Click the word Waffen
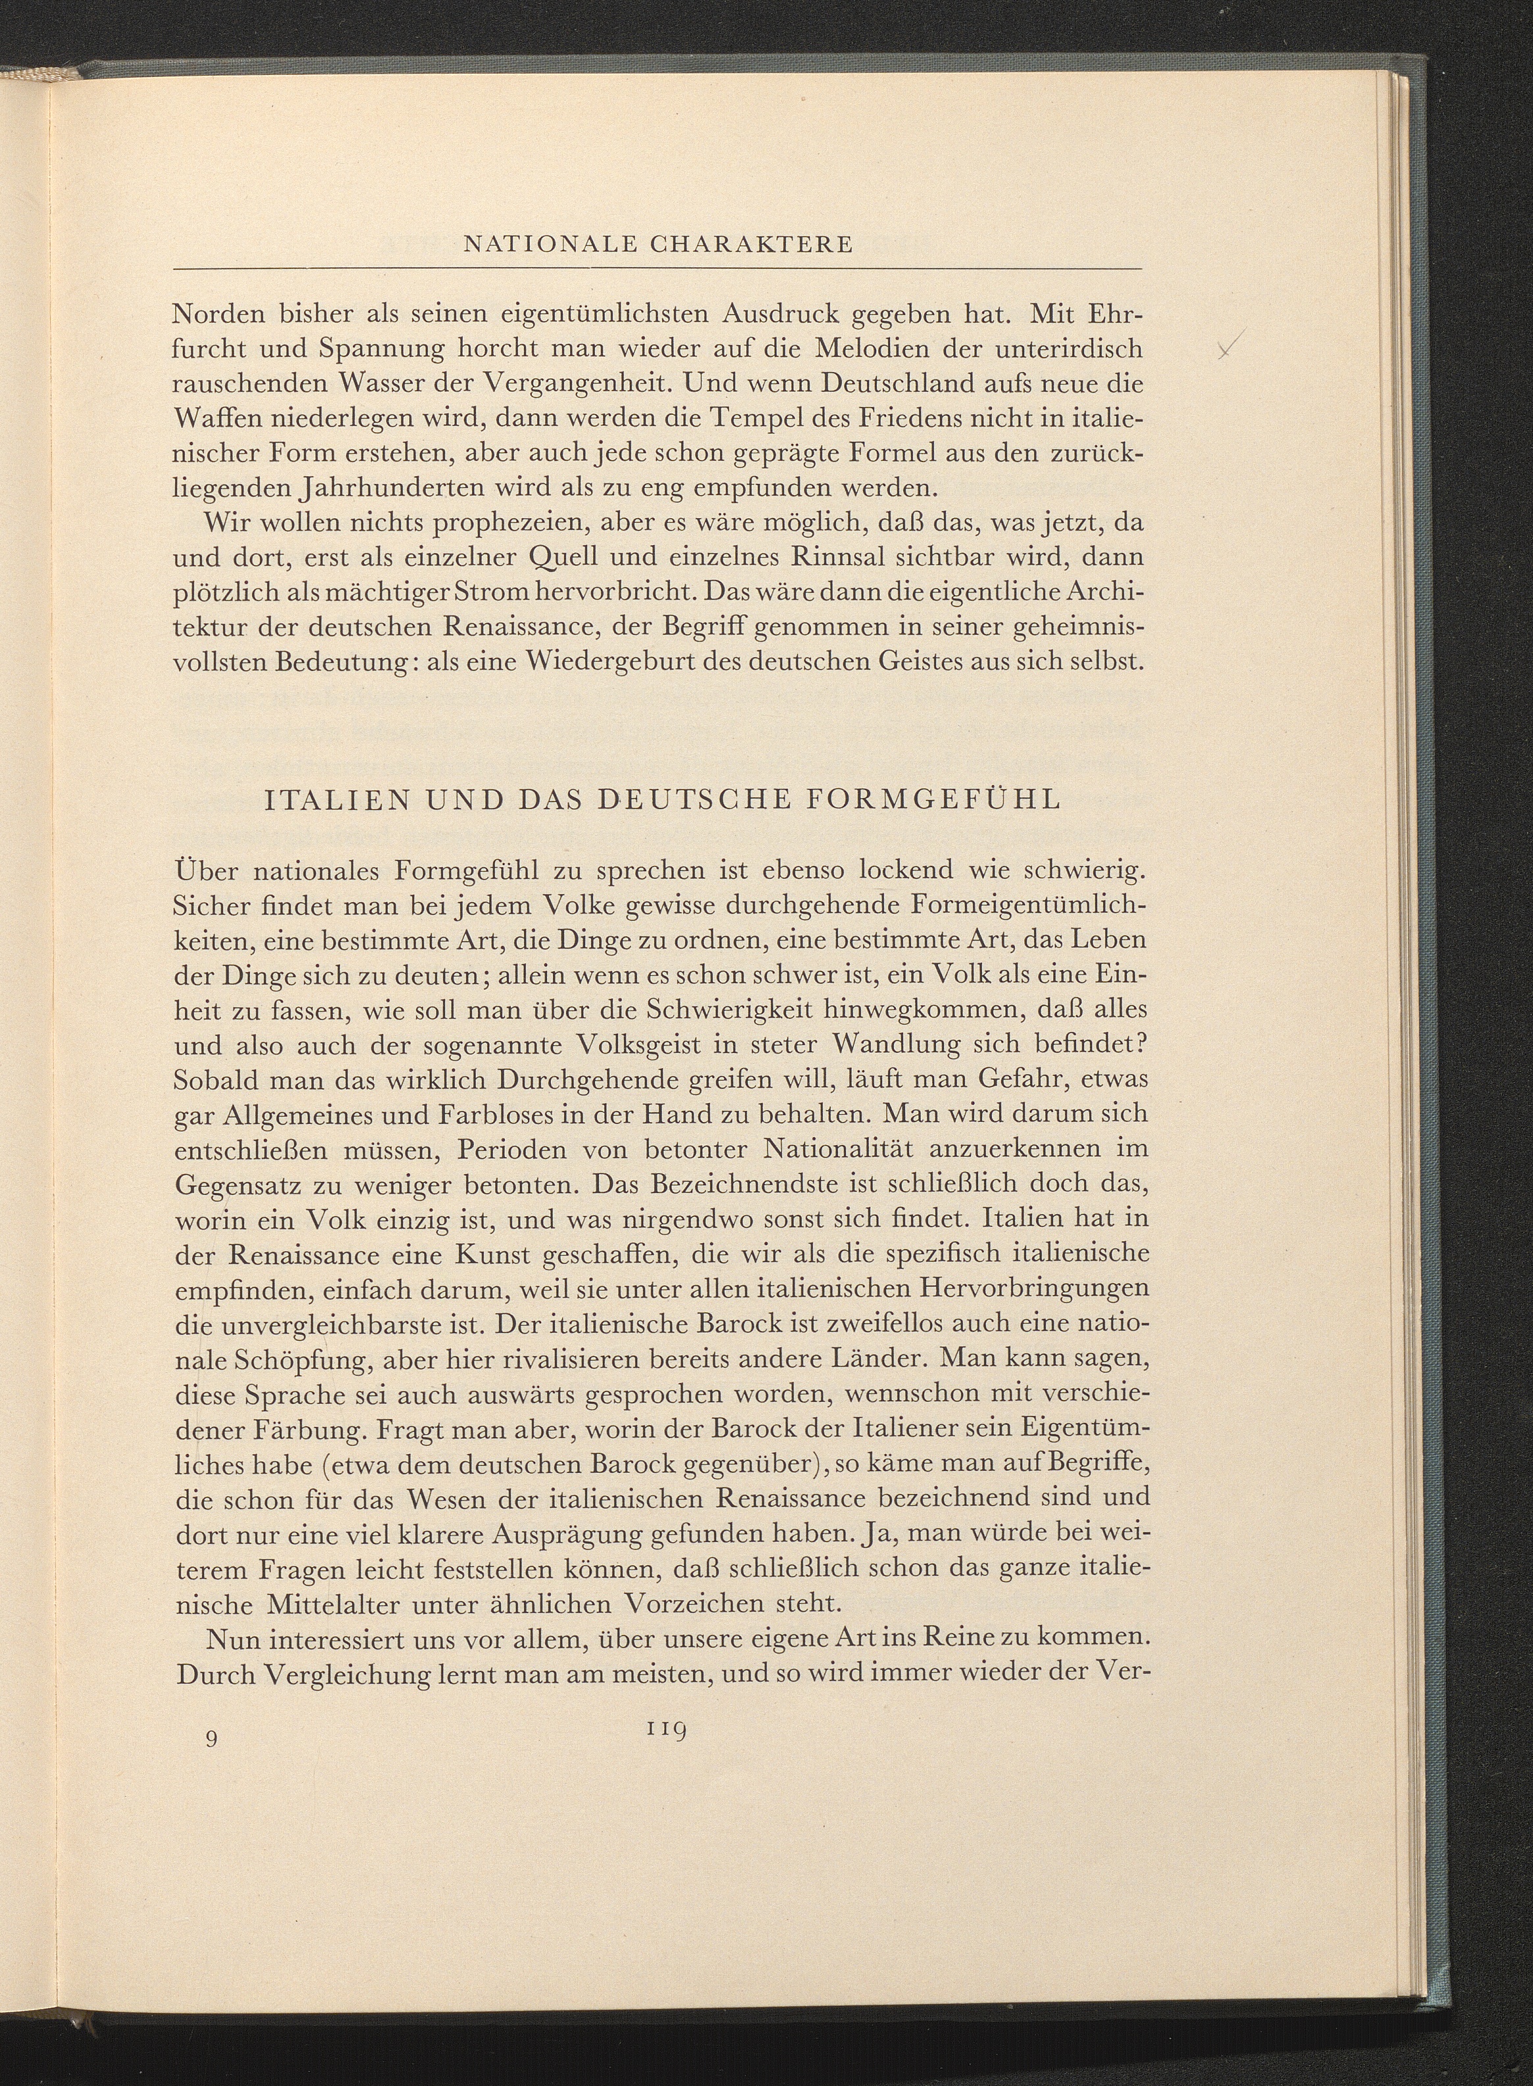[222, 419]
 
